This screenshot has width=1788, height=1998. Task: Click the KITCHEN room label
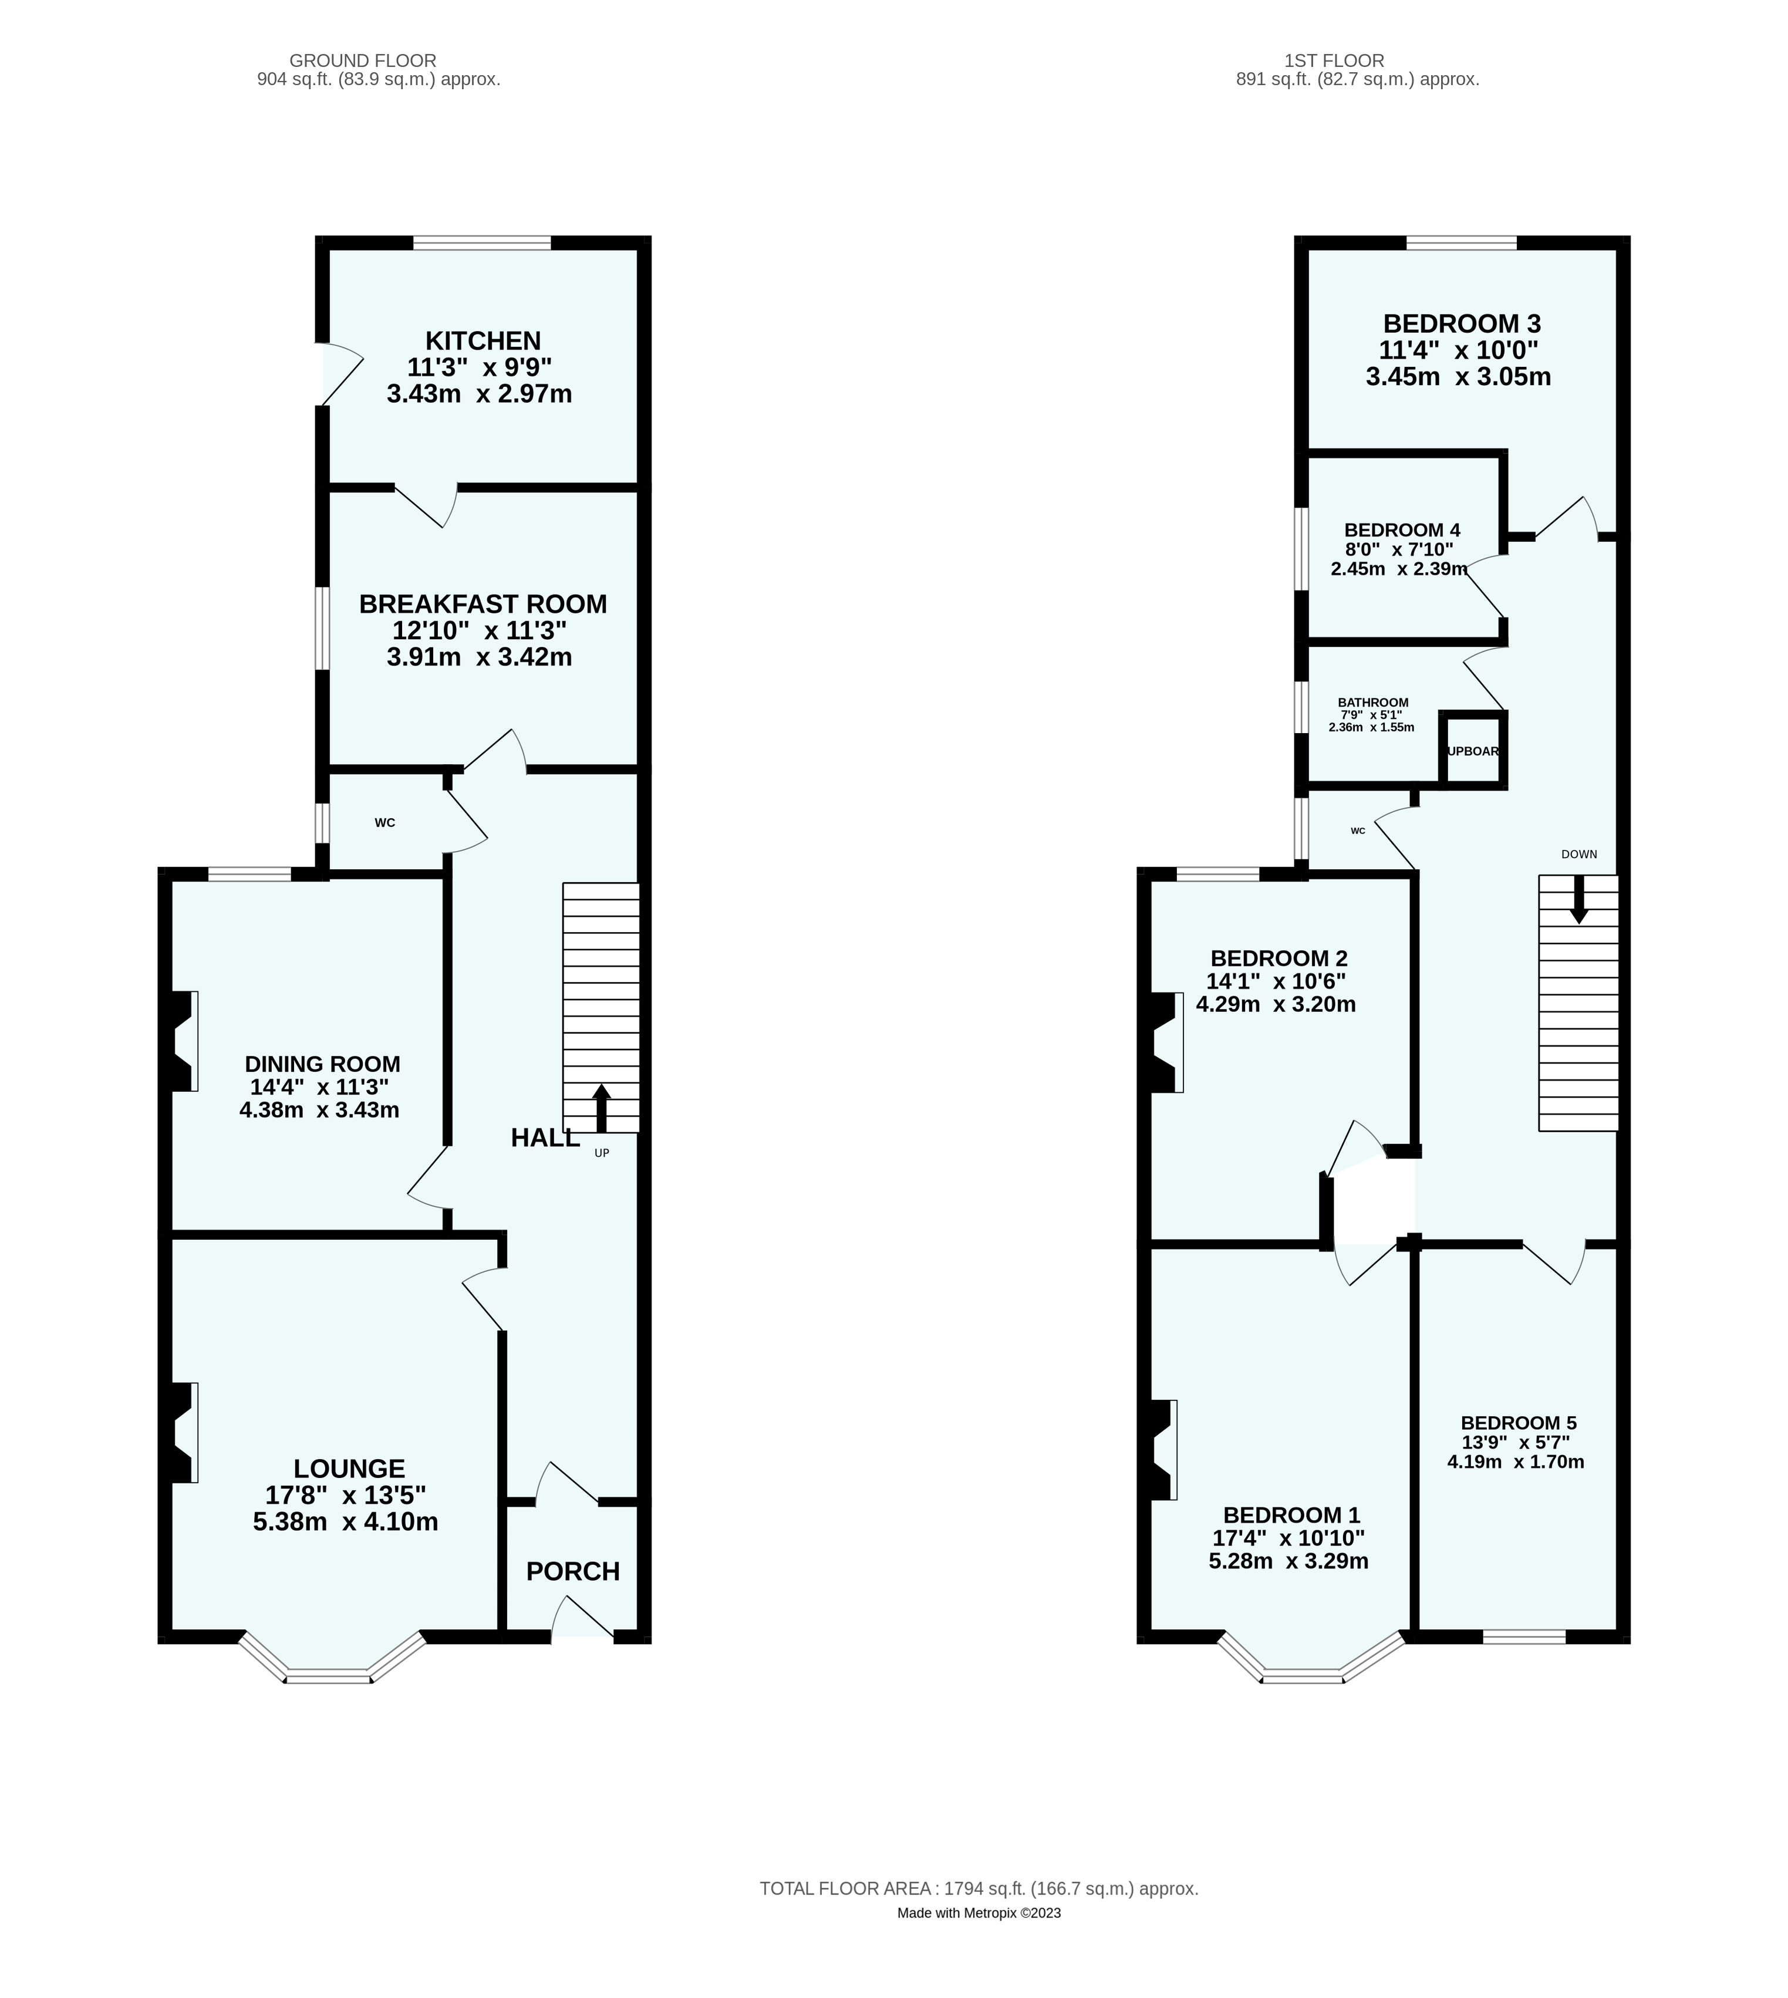[483, 341]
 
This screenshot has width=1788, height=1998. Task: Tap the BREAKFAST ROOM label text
[483, 604]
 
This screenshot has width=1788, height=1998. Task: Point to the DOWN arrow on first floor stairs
[1579, 899]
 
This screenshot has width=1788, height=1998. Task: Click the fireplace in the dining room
[182, 1041]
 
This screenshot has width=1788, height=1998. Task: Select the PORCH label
[573, 1572]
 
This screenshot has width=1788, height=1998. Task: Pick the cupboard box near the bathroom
[1473, 751]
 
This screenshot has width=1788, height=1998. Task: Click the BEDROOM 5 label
[1518, 1422]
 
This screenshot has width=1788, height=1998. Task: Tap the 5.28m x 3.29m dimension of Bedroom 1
[1288, 1561]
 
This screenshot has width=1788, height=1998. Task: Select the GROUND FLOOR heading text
[363, 61]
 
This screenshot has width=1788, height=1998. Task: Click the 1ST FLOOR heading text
[1334, 61]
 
